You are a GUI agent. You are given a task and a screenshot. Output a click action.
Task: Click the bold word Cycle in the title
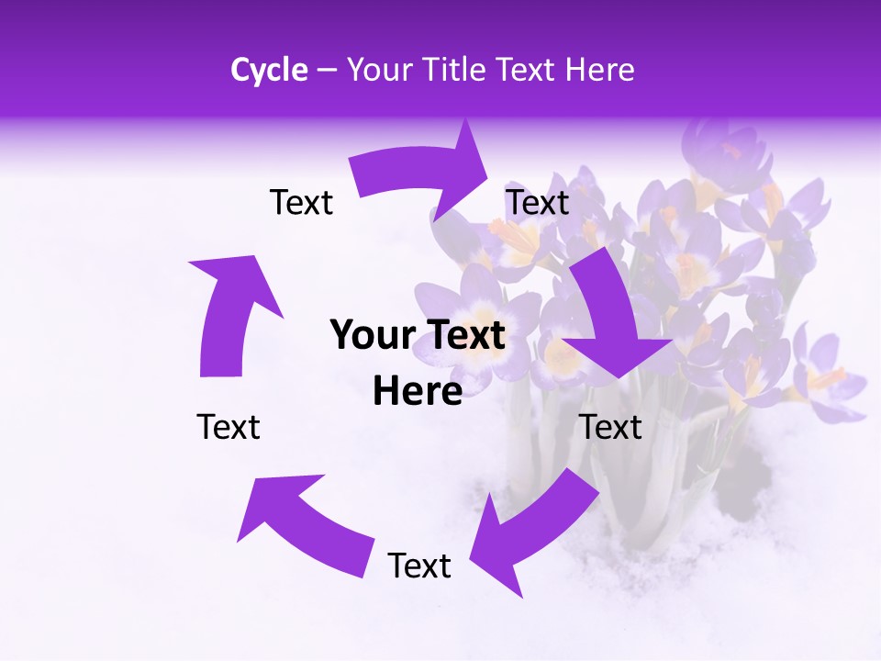[x=269, y=70]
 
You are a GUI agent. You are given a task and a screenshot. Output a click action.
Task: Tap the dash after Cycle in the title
[x=327, y=70]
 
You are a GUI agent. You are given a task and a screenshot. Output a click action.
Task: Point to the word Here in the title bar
[x=601, y=70]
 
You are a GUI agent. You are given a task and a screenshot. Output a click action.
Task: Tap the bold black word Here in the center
[x=418, y=392]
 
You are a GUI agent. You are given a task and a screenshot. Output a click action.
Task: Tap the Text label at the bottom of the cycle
[x=419, y=566]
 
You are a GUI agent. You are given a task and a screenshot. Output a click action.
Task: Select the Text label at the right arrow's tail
[x=538, y=202]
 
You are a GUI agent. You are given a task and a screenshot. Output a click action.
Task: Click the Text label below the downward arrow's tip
[x=611, y=427]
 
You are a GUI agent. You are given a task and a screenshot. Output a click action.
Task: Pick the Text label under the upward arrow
[x=229, y=427]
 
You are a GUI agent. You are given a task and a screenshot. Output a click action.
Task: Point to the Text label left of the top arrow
[x=301, y=202]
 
